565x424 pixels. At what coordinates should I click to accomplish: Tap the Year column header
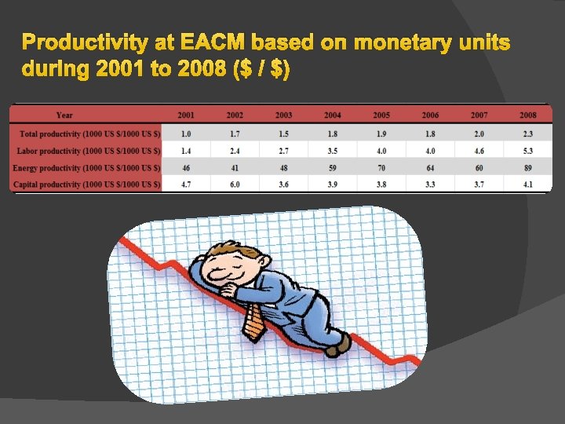[x=64, y=115]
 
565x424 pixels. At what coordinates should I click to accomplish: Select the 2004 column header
[x=332, y=115]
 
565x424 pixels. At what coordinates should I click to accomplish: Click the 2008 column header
[x=527, y=115]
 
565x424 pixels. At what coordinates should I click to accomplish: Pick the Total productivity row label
[x=86, y=134]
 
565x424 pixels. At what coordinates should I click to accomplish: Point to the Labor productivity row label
[x=87, y=151]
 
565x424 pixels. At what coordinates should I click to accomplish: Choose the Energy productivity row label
[x=86, y=168]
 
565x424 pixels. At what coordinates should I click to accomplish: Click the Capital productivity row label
[x=86, y=185]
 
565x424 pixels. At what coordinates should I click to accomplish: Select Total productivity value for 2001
[x=186, y=134]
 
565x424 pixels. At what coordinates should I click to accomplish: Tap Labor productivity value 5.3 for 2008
[x=527, y=151]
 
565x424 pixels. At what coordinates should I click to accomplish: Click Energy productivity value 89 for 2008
[x=527, y=168]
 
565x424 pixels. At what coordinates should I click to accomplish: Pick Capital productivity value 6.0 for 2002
[x=235, y=185]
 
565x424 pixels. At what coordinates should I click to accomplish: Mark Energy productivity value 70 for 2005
[x=381, y=168]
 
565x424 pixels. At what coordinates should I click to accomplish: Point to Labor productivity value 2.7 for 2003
[x=283, y=151]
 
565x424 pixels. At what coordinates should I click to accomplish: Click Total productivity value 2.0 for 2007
[x=479, y=134]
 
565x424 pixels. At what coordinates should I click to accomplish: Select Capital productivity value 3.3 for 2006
[x=430, y=185]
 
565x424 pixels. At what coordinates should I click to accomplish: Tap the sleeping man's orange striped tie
[x=253, y=322]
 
